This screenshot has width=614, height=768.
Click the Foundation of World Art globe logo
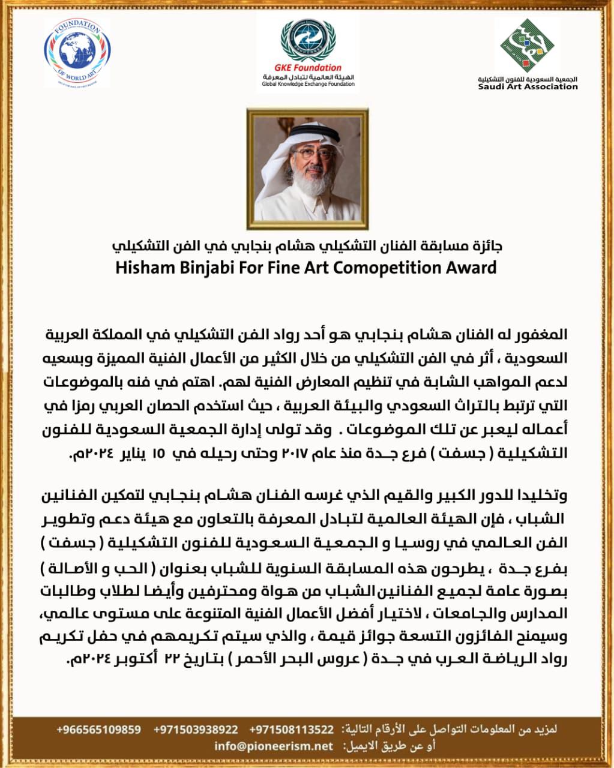[x=77, y=53]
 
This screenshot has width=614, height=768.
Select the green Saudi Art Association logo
[x=528, y=47]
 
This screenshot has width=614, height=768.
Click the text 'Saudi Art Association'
[x=528, y=86]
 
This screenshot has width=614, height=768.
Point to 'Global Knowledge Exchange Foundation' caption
[x=308, y=84]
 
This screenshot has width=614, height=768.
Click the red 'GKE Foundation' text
[x=307, y=68]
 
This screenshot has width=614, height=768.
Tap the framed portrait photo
[x=307, y=164]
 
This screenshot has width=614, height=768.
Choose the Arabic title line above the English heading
[x=307, y=246]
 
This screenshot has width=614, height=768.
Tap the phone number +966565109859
[x=99, y=730]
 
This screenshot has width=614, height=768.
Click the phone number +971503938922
[x=196, y=730]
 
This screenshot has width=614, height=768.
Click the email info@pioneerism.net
[x=273, y=746]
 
